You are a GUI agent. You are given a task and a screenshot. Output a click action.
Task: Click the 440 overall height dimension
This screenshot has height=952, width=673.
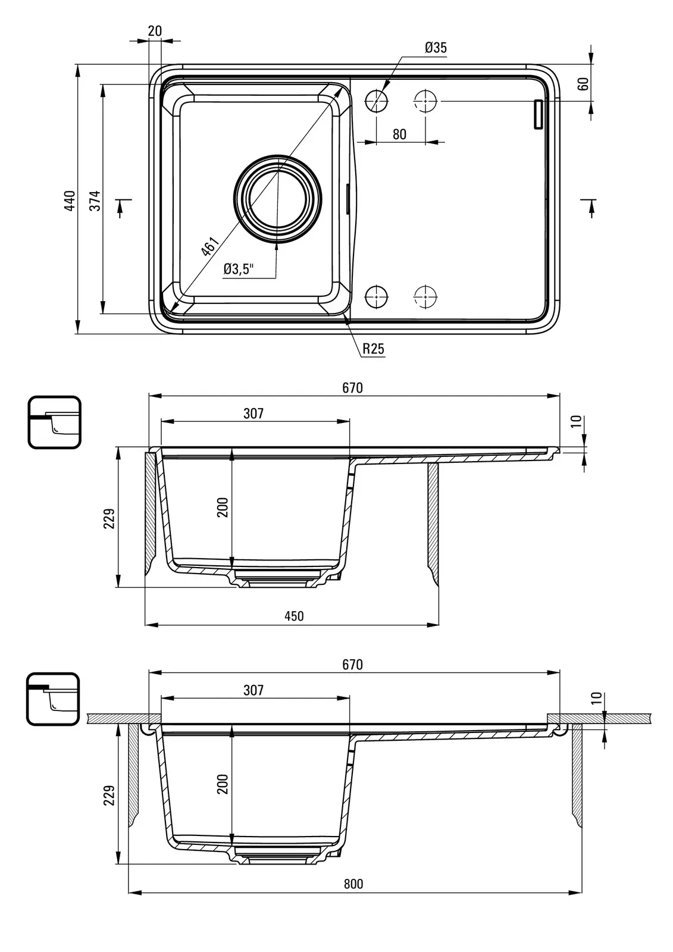70,201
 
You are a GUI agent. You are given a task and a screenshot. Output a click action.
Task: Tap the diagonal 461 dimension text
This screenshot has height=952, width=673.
210,246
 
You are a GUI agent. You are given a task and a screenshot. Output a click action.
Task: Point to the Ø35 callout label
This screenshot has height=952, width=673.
436,48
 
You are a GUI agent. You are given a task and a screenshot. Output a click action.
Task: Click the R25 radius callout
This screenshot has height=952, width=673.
374,349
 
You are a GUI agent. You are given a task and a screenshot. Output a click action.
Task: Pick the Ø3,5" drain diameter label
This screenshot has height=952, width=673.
239,270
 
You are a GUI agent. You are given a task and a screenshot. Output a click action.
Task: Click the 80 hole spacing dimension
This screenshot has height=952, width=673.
399,134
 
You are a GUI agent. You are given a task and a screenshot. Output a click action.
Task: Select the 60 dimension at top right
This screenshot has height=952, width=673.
583,83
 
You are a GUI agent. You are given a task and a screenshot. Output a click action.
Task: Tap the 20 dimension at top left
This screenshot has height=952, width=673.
155,31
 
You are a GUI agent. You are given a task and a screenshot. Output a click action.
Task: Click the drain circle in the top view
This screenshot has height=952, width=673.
277,200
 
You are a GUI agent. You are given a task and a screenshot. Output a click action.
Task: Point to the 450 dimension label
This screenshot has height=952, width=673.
293,616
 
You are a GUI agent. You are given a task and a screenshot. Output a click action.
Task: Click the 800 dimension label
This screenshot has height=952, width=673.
353,884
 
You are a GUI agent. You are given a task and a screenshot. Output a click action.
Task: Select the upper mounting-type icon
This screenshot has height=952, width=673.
54,422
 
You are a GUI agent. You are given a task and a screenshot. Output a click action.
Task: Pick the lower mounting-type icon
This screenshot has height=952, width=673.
53,699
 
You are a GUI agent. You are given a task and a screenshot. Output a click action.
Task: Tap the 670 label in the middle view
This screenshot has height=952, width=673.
352,388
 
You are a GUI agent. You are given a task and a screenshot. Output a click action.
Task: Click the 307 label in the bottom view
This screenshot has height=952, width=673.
253,690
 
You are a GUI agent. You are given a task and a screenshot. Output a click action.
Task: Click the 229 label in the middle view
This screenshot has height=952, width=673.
109,518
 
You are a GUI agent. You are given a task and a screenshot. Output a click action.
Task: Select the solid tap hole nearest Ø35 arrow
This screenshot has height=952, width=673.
376,101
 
